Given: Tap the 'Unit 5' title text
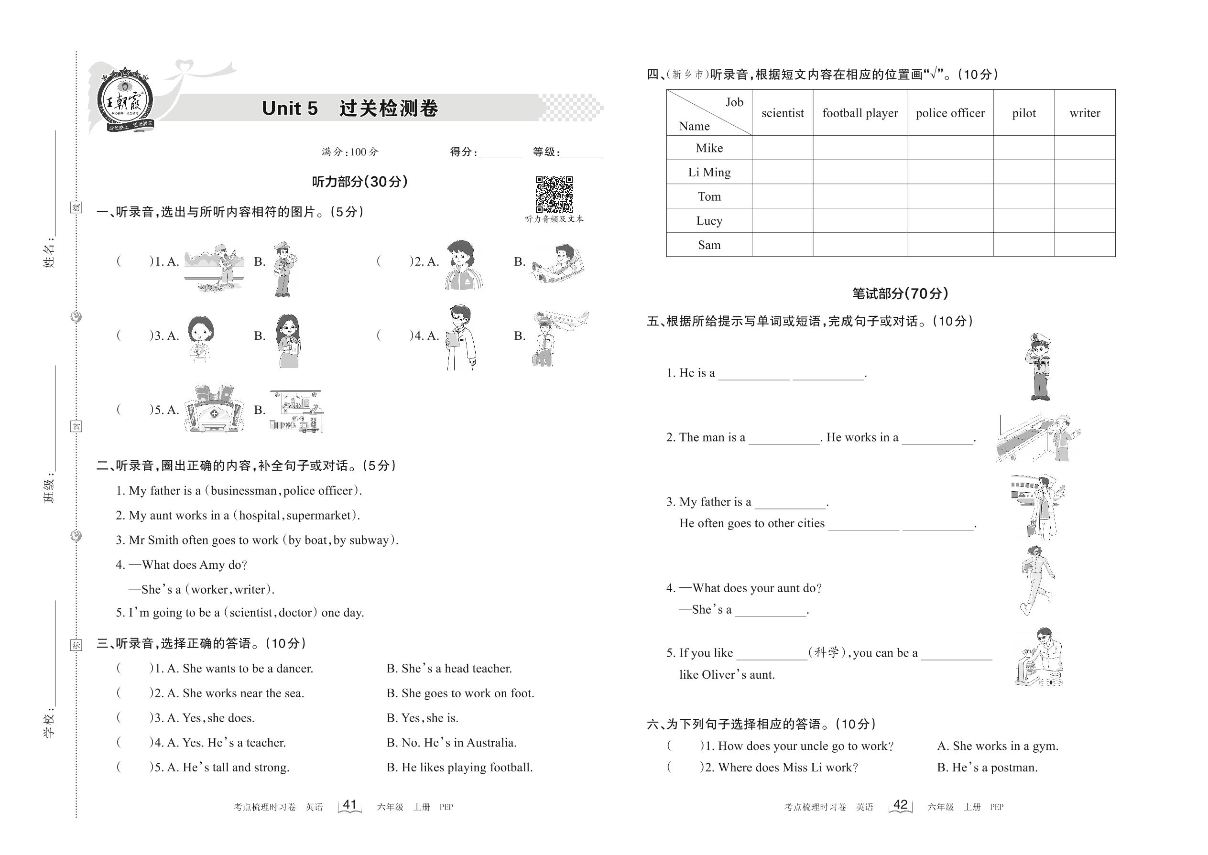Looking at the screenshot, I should point(290,108).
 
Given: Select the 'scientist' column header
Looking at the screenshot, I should point(782,113).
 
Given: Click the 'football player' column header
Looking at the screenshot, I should point(860,113).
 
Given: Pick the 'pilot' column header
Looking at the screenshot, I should point(1023,113).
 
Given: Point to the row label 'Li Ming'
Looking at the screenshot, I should point(709,172).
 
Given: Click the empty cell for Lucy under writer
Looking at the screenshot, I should point(1084,221).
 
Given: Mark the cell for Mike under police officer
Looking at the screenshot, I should point(949,148).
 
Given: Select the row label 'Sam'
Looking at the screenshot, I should point(709,245).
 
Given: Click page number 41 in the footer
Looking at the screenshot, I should point(349,804).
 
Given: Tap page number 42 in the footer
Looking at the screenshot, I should point(901,804).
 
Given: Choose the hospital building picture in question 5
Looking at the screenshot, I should point(214,409).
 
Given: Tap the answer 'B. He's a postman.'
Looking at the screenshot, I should point(987,768).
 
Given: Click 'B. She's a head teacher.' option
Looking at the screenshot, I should point(449,669).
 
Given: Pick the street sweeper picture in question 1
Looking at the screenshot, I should point(214,268).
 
